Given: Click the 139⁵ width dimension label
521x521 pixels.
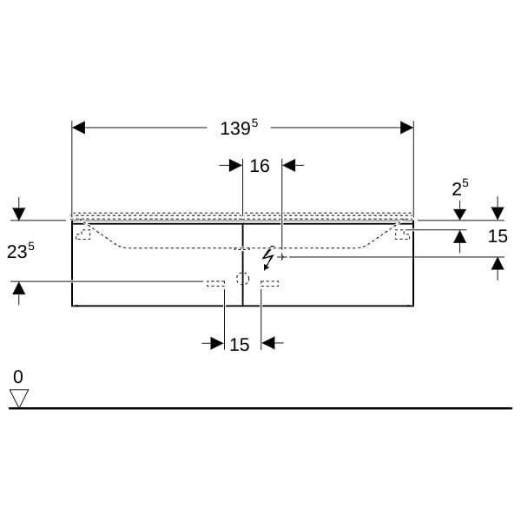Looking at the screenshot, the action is (x=239, y=128).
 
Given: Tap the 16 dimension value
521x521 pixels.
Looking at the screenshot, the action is (x=260, y=166).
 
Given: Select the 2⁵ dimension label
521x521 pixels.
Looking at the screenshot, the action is (x=460, y=188).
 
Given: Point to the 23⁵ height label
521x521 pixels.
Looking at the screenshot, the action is (x=21, y=250).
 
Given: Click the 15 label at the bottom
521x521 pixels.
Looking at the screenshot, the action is (x=240, y=345).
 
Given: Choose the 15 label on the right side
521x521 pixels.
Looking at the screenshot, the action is (x=498, y=236).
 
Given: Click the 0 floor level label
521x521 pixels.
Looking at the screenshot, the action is (x=18, y=377).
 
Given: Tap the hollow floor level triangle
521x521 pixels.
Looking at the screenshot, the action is (x=19, y=398).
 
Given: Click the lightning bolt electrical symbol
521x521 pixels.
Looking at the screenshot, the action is (x=267, y=258).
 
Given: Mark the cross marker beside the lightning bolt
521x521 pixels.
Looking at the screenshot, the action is (x=282, y=257).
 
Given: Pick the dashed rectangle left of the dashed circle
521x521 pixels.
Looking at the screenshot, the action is (x=215, y=283).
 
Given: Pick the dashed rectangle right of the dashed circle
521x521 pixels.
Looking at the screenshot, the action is (x=269, y=283).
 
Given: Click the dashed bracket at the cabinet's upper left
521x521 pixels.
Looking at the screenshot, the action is (x=83, y=234).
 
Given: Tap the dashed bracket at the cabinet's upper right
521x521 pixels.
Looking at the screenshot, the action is (x=402, y=234).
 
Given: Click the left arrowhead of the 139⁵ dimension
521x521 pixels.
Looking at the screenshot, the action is (x=78, y=128).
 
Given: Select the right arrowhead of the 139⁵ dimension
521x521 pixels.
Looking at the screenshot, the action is (x=407, y=128).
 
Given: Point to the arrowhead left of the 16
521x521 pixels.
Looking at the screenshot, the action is (x=236, y=165).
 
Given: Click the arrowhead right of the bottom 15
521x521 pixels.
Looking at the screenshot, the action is (x=267, y=343).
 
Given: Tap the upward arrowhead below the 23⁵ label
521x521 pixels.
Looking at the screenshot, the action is (x=19, y=288).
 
